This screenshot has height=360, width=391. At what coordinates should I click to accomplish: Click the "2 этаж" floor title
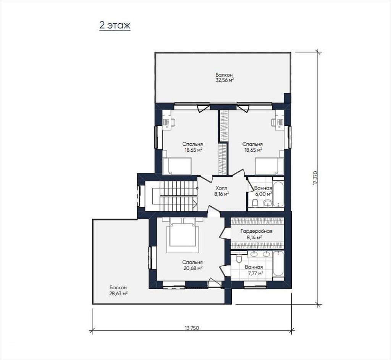tap(115, 26)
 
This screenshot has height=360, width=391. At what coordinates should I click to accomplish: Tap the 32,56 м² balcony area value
tap(225, 80)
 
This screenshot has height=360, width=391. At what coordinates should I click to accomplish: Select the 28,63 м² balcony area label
tap(118, 294)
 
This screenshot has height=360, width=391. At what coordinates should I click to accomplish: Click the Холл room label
tap(221, 188)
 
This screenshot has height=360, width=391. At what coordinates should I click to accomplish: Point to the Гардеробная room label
tap(256, 231)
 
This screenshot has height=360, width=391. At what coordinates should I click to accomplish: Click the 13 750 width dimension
tap(192, 328)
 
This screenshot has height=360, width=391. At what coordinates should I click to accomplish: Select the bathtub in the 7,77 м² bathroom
tap(278, 264)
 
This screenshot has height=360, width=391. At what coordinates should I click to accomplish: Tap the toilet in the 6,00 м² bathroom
tap(255, 203)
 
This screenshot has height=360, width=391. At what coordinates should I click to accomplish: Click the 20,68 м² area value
tap(192, 268)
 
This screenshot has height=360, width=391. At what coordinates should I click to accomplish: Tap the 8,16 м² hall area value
tap(222, 194)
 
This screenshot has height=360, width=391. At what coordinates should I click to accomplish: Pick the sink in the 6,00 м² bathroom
tap(268, 203)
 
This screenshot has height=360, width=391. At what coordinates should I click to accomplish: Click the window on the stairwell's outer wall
tap(139, 196)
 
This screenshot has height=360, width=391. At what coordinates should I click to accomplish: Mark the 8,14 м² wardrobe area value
tap(254, 237)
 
